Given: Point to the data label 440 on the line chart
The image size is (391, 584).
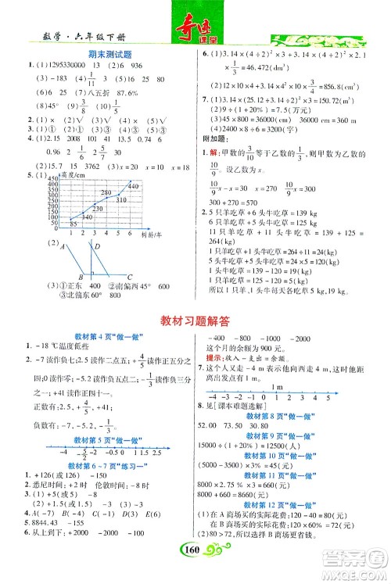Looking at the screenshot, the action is (132, 185).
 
